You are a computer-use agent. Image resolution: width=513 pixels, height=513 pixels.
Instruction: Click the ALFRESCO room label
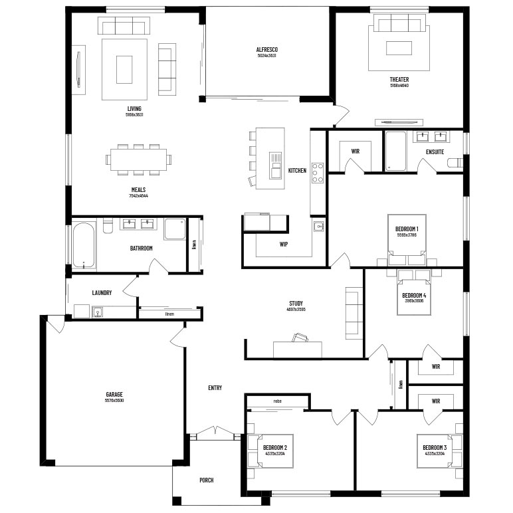click(266, 50)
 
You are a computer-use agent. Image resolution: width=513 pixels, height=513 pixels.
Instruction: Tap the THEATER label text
click(399, 80)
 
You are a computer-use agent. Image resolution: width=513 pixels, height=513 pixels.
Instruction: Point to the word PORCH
click(207, 480)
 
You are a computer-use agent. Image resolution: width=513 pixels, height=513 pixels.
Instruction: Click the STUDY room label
click(295, 303)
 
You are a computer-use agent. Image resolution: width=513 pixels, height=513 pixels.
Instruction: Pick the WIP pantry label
click(283, 244)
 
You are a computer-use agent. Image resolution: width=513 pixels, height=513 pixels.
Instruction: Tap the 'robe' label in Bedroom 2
click(277, 401)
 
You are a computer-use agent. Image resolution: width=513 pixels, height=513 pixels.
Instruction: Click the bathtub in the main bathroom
click(83, 246)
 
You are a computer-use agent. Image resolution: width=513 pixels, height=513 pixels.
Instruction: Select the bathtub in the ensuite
click(395, 151)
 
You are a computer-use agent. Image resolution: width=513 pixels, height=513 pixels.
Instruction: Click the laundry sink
click(98, 311)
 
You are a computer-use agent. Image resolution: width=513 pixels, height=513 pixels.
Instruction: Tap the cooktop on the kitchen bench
click(318, 173)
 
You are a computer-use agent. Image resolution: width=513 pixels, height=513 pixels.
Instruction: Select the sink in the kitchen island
click(275, 166)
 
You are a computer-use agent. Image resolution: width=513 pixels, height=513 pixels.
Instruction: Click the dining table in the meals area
click(139, 159)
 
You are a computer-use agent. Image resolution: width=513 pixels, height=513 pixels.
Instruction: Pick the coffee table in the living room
click(124, 69)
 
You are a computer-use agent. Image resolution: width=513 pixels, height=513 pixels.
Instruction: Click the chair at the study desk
click(301, 338)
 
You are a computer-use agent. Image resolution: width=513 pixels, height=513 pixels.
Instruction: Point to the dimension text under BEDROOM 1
click(407, 235)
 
